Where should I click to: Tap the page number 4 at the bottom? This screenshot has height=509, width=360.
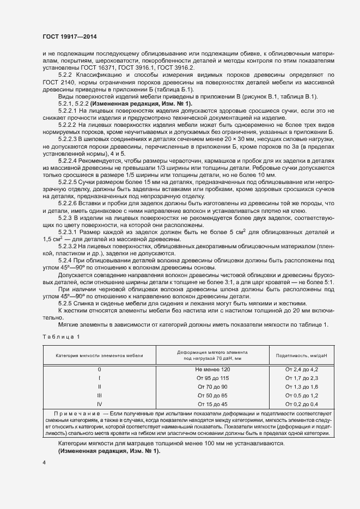[44, 462]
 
